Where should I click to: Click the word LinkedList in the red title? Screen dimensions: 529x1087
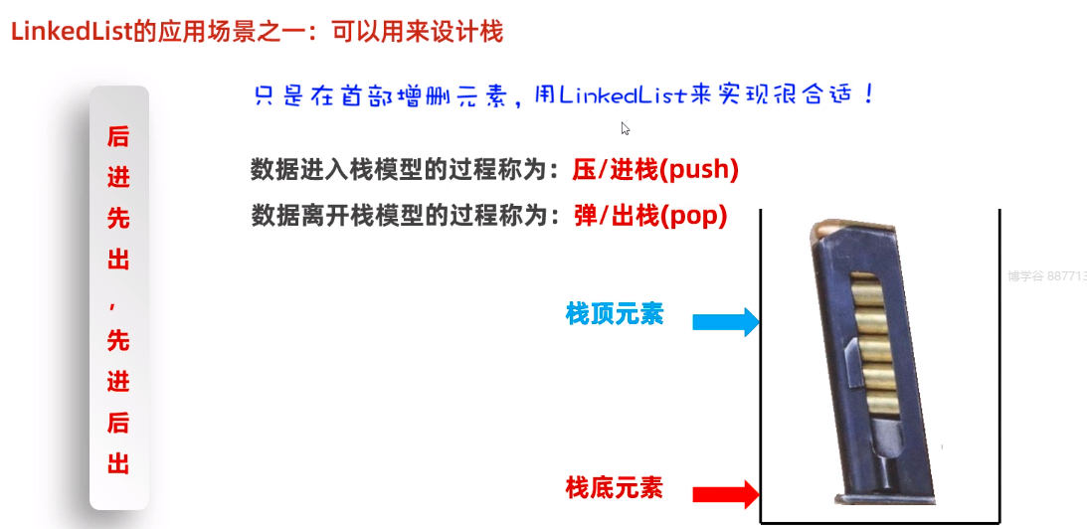point(71,32)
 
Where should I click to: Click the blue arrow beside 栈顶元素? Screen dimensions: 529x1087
point(725,321)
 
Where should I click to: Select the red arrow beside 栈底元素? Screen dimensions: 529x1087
point(725,493)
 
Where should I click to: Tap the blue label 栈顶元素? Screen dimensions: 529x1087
point(614,315)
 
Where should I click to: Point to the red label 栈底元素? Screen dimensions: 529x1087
point(614,488)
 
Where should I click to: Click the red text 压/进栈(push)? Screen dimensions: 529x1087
point(655,170)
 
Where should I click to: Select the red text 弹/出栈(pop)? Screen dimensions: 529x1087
point(651,215)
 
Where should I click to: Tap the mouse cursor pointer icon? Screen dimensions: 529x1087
point(626,128)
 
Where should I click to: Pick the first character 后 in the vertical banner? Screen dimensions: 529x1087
point(118,136)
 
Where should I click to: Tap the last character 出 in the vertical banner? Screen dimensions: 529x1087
point(118,463)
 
